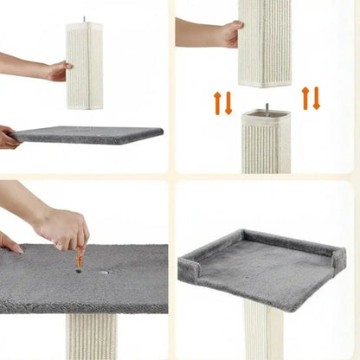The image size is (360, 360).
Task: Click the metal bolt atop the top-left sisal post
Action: [84, 19]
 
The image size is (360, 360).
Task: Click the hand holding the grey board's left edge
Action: [8, 138]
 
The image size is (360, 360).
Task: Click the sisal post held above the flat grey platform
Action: [85, 66]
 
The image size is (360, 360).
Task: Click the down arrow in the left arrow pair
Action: [228, 104]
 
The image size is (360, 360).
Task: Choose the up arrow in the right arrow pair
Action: [306, 97]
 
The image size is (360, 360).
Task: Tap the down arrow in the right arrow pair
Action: [317, 99]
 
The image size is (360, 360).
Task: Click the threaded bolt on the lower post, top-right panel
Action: [266, 108]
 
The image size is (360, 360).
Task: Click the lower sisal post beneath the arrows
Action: [266, 143]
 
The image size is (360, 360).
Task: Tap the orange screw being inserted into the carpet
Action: [80, 258]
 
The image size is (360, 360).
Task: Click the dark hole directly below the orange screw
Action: [79, 271]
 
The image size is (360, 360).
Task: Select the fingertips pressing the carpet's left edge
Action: [10, 244]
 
